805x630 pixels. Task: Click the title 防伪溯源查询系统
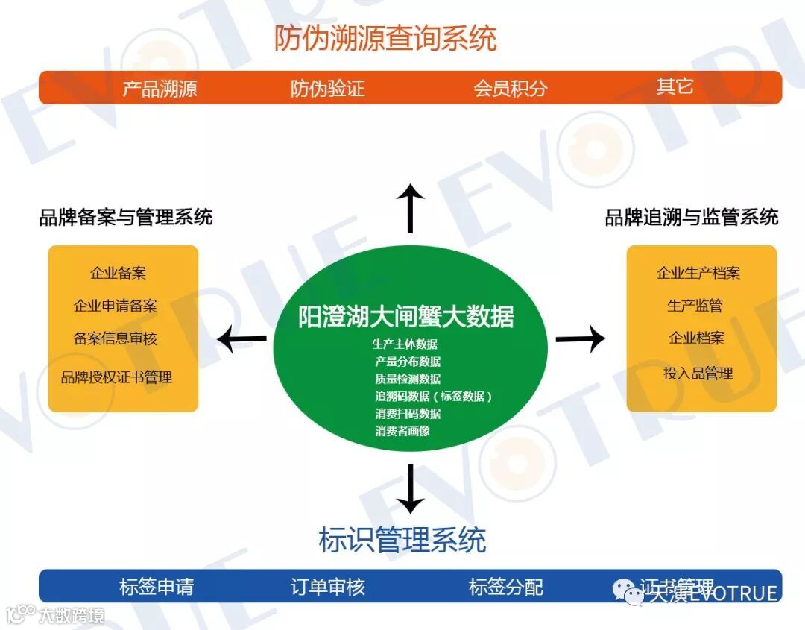coord(385,38)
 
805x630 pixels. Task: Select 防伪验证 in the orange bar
coord(328,89)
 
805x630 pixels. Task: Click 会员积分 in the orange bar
coord(511,89)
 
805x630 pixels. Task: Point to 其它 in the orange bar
coord(675,86)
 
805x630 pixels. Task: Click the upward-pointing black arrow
coord(410,208)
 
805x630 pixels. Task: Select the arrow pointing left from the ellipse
coord(241,339)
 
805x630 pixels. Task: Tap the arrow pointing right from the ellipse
coord(580,338)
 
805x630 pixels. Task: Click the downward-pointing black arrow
coord(410,488)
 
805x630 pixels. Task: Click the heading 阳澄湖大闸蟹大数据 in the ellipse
coord(406,317)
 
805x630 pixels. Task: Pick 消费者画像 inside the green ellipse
coord(402,431)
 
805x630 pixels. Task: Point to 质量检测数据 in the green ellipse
coord(408,379)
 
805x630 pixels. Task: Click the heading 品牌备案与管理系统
coord(126,217)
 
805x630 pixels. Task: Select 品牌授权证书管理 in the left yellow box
coord(117,377)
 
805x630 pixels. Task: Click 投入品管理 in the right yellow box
coord(698,374)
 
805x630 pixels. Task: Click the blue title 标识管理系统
coord(402,540)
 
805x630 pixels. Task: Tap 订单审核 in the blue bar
coord(328,587)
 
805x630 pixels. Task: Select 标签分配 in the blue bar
coord(506,587)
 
